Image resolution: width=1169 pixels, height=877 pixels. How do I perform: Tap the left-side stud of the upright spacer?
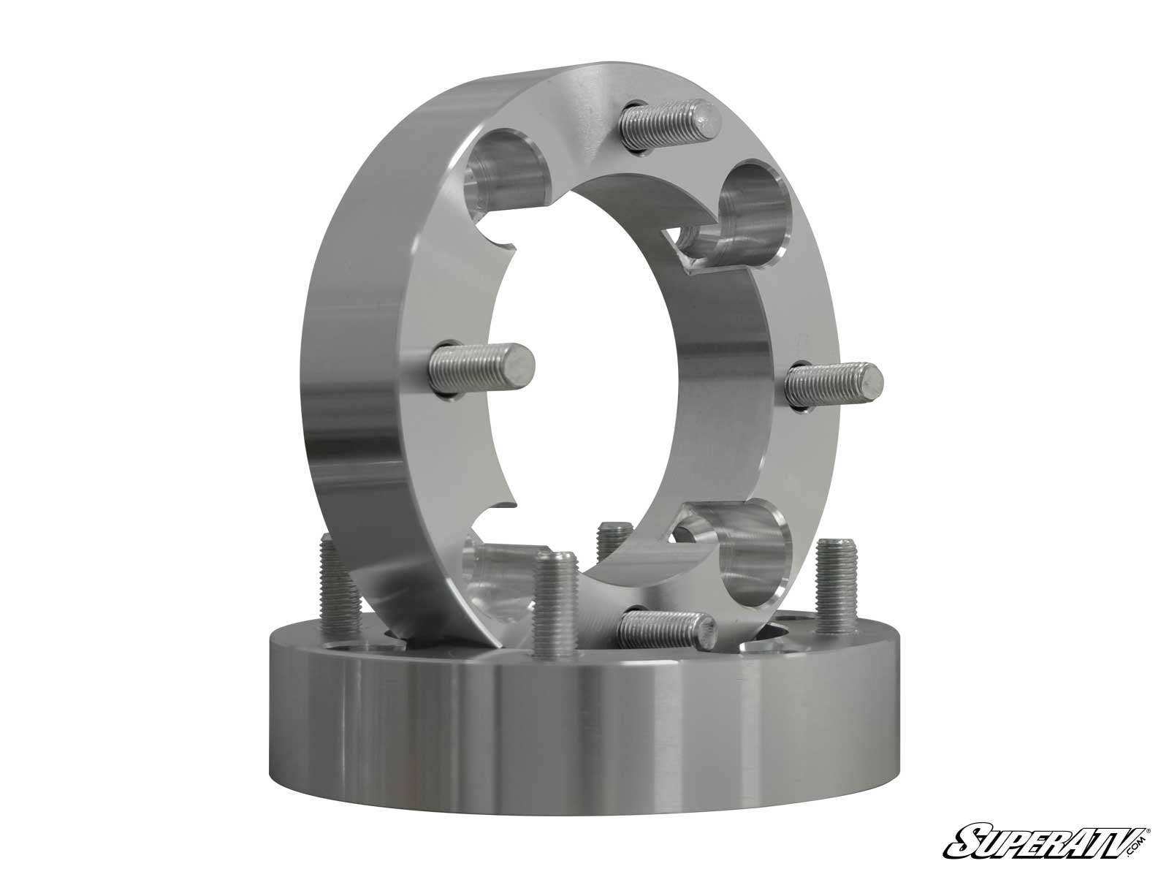(x=483, y=368)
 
